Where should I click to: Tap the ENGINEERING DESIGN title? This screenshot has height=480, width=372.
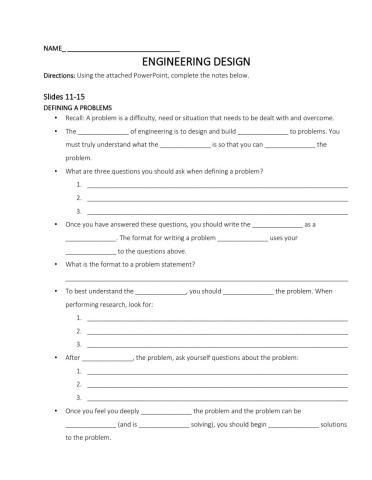coord(185,62)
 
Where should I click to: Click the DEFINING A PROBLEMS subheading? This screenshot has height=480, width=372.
coord(78,107)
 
